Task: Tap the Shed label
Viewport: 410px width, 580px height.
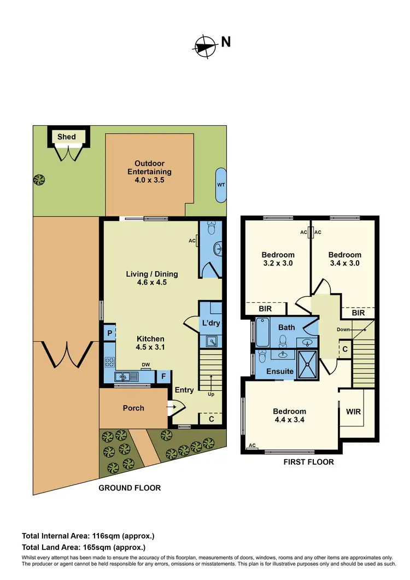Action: (67, 136)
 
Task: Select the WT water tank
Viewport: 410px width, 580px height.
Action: (221, 185)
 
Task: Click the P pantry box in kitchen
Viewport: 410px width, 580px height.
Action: (109, 333)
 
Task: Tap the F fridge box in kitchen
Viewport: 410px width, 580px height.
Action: (163, 376)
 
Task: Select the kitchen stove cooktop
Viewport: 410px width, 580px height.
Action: (109, 362)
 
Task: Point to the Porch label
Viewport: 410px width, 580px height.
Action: (133, 408)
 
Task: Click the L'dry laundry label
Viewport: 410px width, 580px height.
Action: (210, 323)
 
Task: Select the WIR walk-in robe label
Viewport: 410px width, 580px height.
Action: (354, 412)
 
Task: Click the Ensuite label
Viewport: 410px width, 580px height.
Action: (280, 372)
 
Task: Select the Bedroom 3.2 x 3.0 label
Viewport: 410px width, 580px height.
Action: (278, 259)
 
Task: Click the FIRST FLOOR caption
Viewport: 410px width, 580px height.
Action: (308, 462)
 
